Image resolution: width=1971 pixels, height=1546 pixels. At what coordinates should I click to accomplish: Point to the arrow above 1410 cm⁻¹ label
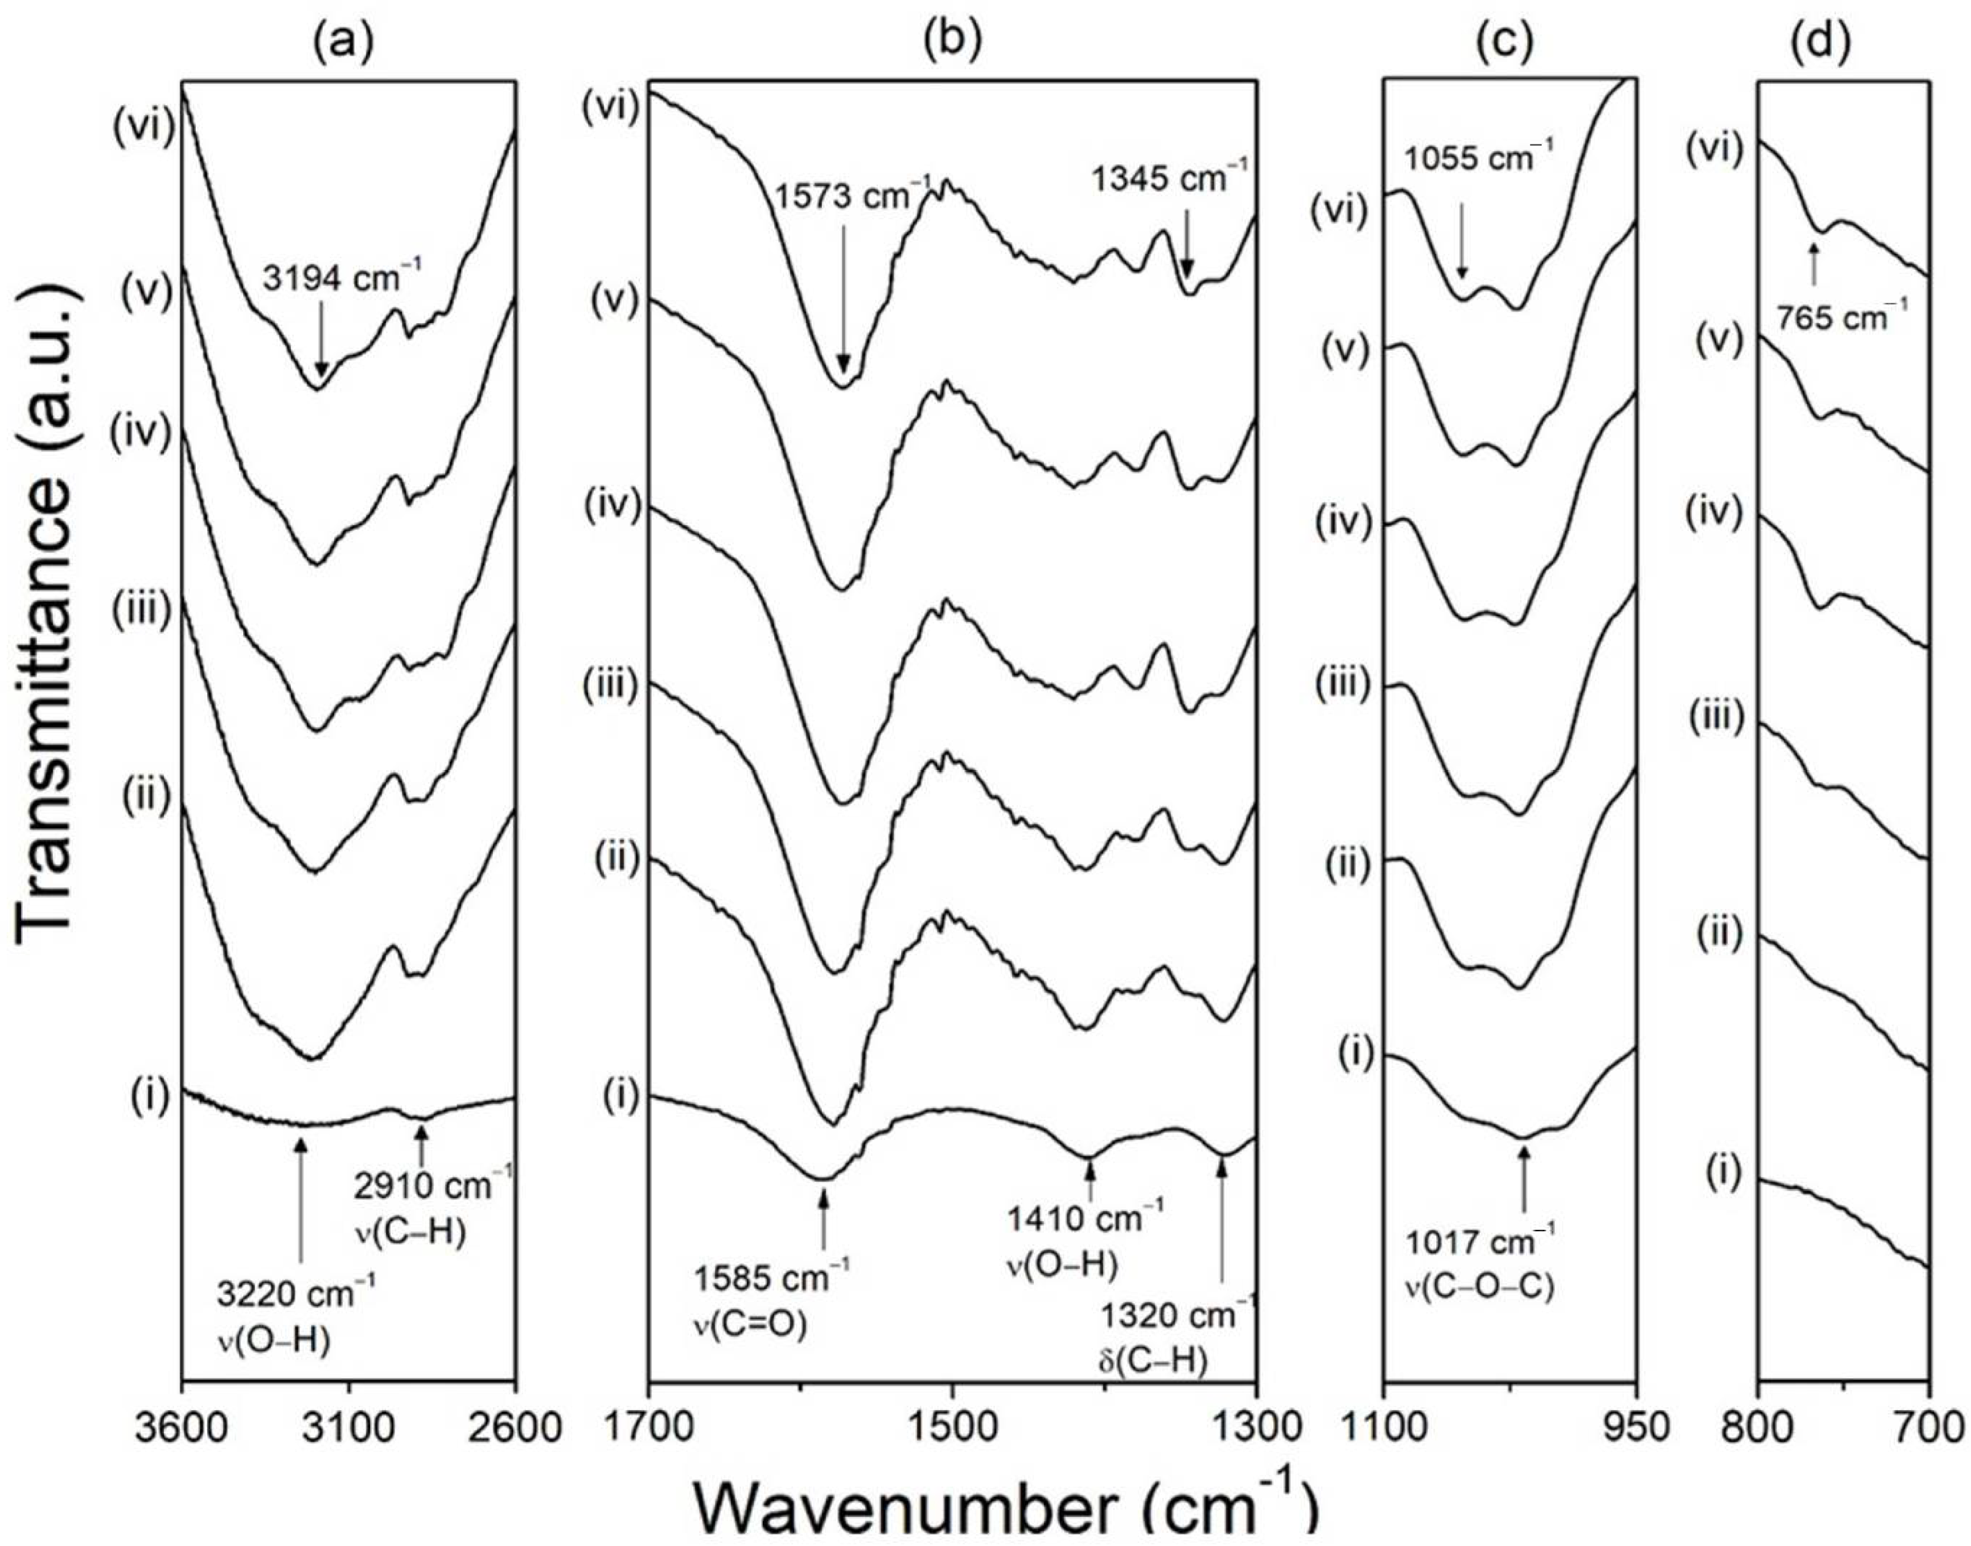coord(1089,1181)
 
